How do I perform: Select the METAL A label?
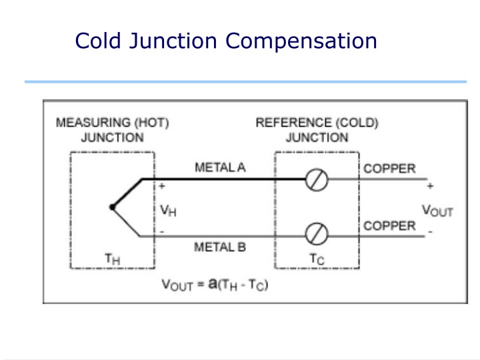tap(220, 167)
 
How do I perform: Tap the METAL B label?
tap(220, 247)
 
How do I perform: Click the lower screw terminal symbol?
tap(317, 235)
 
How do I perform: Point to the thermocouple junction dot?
tap(112, 207)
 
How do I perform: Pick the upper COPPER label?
tap(389, 168)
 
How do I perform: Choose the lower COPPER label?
tap(389, 225)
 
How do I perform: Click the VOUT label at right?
tap(437, 211)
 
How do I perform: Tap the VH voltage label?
tap(169, 210)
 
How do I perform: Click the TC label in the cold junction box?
tap(317, 259)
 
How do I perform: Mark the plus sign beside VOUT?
tap(430, 186)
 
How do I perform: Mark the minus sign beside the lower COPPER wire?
tap(429, 231)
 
